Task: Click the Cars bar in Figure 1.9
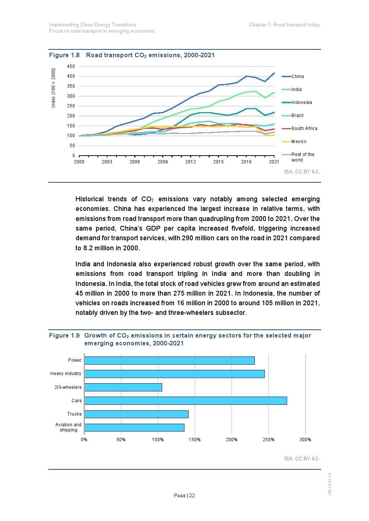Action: [185, 400]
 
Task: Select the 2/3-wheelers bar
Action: [123, 387]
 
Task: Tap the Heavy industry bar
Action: [174, 374]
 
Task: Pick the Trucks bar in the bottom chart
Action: [136, 414]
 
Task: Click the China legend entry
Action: [297, 76]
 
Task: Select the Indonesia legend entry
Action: [301, 102]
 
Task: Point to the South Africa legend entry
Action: [304, 128]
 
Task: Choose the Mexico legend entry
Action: [299, 141]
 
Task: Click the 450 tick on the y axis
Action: [71, 66]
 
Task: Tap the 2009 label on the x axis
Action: [163, 162]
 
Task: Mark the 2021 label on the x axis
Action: [274, 162]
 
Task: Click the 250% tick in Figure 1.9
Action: [269, 440]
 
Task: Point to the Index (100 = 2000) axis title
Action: [54, 88]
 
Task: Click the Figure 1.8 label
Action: [64, 55]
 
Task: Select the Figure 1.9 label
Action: [64, 336]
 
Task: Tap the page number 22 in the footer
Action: [192, 495]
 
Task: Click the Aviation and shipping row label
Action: [68, 427]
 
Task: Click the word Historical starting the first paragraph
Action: [89, 199]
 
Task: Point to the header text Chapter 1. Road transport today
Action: [284, 25]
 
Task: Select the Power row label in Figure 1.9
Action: [75, 360]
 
